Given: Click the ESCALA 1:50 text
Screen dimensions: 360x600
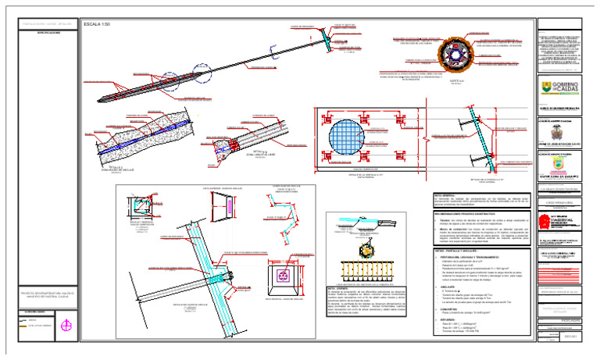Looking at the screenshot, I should [97, 26].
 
